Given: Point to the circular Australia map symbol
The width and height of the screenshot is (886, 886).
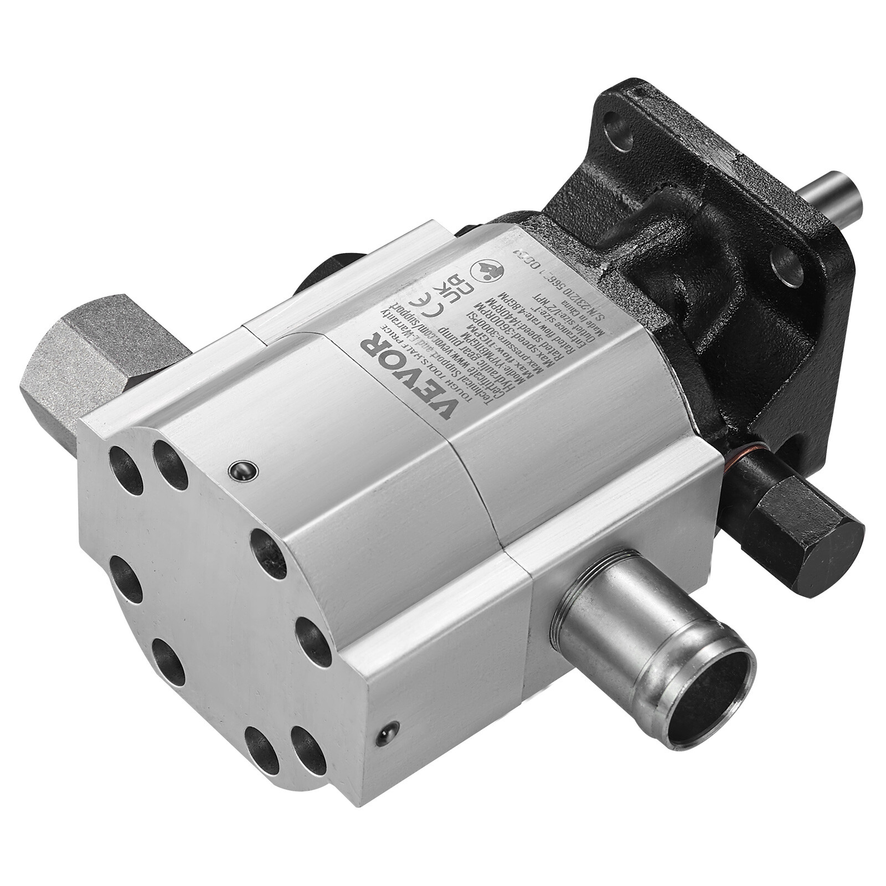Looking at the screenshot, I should coord(487,271).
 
